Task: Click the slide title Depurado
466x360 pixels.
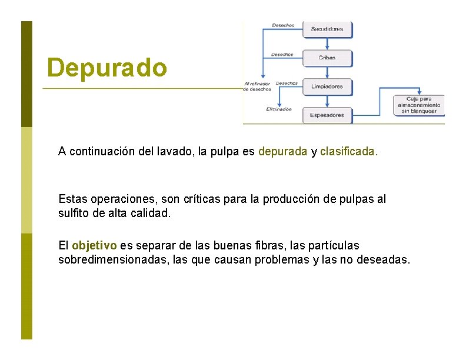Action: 107,68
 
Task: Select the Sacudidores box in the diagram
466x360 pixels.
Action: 327,29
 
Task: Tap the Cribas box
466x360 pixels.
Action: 327,58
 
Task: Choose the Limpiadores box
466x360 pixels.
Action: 327,86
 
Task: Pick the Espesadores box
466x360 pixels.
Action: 327,115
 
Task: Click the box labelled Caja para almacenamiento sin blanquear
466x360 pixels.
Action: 420,104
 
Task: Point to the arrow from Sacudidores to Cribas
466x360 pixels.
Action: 327,43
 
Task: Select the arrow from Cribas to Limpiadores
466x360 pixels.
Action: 327,72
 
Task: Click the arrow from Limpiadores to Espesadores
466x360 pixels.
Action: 327,101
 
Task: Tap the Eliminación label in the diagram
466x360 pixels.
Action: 279,109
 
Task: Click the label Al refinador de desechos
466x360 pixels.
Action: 257,86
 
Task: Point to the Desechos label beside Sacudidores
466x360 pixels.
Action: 283,25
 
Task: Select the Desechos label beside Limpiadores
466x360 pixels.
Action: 287,83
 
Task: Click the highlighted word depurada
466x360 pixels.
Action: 282,151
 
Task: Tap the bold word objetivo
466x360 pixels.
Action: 94,245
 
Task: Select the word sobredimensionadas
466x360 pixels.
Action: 108,259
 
